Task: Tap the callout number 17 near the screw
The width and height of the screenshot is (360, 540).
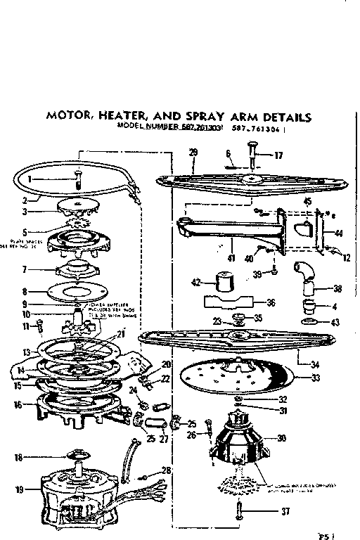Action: (x=278, y=155)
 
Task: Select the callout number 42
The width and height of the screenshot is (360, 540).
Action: (x=196, y=282)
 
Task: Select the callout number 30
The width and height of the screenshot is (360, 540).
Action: (x=281, y=438)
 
